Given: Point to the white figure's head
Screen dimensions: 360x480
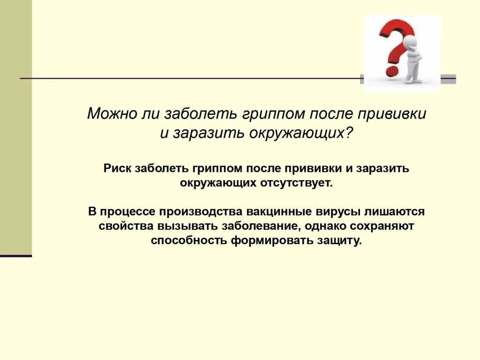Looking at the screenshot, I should tap(410, 41).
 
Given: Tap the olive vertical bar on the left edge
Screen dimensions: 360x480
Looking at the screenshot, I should tap(16, 127).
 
